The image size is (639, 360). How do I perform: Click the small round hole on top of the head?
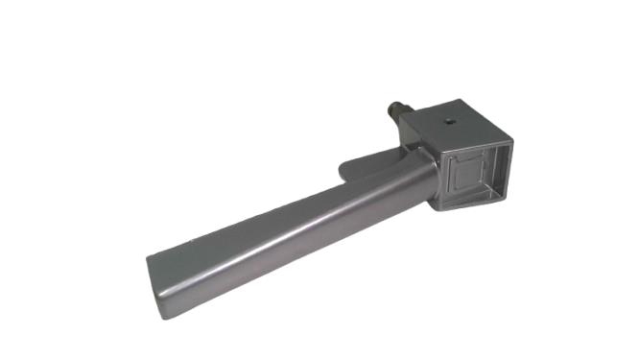[x=451, y=122]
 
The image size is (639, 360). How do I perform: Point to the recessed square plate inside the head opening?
[x=469, y=176]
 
